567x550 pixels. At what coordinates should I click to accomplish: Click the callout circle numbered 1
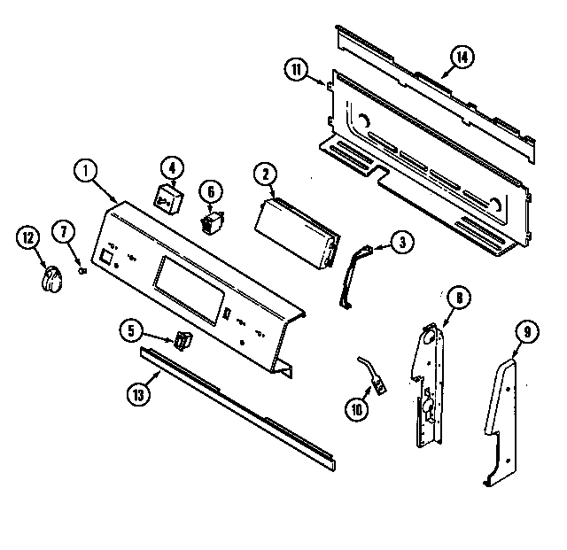coord(84,172)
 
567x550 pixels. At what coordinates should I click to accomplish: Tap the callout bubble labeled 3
coord(400,239)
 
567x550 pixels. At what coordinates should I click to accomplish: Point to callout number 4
coord(171,167)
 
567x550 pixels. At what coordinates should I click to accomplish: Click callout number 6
coord(210,190)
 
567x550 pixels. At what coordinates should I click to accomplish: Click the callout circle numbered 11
coord(297,69)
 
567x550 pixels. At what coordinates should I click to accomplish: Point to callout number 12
coord(28,236)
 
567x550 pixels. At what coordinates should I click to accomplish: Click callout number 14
coord(462,58)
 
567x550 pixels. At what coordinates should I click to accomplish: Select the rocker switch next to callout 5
coord(183,340)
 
